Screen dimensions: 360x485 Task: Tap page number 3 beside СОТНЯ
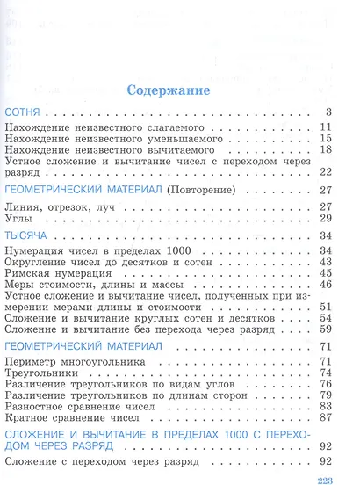tap(327, 112)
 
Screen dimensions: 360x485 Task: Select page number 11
tap(324, 128)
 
